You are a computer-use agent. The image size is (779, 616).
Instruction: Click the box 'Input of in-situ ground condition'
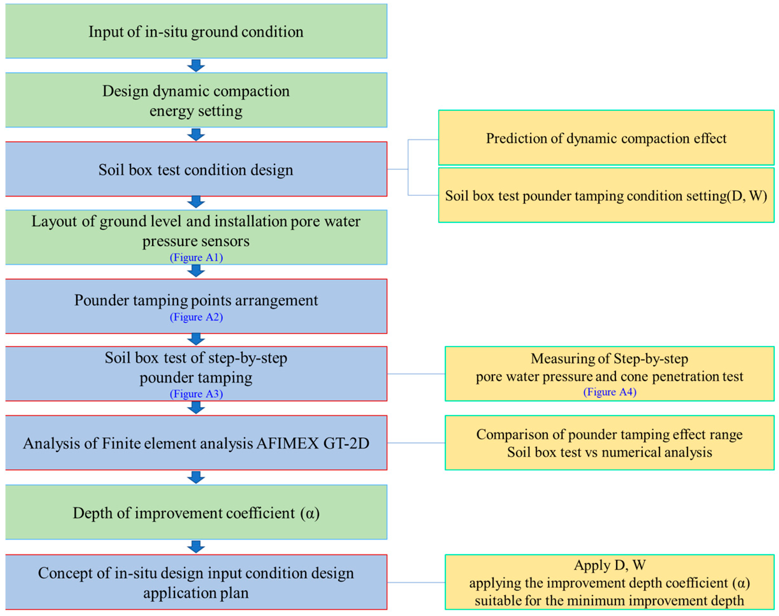(x=196, y=32)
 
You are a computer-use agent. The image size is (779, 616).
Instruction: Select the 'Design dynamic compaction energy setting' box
(x=196, y=100)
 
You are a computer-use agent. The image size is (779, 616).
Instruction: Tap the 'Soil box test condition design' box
(x=196, y=169)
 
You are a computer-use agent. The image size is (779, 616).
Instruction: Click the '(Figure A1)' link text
(x=196, y=258)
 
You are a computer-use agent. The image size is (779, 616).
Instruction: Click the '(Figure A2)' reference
(x=196, y=317)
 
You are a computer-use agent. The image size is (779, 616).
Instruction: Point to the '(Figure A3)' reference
(x=196, y=393)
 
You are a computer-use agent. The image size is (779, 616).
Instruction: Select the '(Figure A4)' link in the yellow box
(x=610, y=392)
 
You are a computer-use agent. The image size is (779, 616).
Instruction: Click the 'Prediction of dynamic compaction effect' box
(x=606, y=138)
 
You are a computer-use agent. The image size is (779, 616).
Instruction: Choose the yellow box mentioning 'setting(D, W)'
(x=606, y=196)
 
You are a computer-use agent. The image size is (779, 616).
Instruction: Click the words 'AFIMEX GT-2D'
(x=313, y=443)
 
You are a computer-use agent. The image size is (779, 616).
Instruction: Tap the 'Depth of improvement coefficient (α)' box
(x=196, y=513)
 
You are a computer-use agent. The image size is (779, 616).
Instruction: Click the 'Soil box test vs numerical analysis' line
(x=610, y=452)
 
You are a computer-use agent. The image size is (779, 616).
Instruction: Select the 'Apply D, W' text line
(x=610, y=565)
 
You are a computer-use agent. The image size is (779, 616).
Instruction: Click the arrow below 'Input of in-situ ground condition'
(x=196, y=66)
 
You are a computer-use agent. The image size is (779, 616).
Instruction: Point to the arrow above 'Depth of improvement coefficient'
(x=196, y=477)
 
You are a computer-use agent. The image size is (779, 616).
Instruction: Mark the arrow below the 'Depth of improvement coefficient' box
(x=196, y=547)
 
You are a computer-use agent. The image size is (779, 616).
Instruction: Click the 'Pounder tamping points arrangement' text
(x=196, y=300)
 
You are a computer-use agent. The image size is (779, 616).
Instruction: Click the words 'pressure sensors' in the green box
(x=196, y=241)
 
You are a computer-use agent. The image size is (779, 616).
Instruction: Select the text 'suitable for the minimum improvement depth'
(x=610, y=600)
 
